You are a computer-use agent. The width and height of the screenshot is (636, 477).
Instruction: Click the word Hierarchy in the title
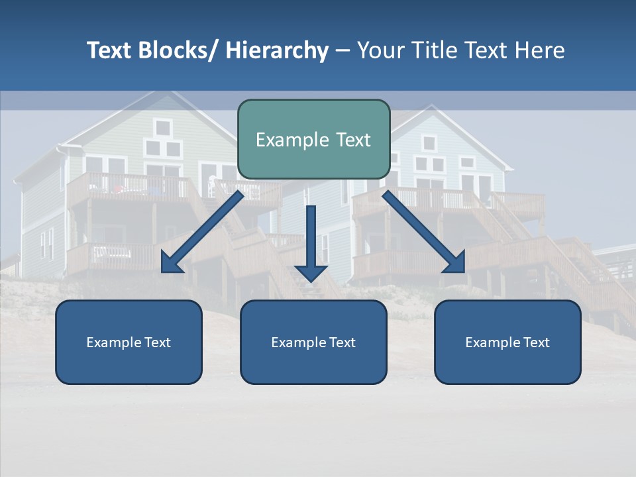(x=277, y=51)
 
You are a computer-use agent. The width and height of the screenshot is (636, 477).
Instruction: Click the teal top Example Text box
(x=313, y=139)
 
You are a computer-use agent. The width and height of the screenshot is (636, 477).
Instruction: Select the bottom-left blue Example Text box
(x=129, y=342)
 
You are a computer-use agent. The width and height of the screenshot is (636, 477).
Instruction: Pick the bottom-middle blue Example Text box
(x=313, y=342)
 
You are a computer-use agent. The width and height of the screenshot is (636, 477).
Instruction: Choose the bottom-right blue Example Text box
(x=507, y=342)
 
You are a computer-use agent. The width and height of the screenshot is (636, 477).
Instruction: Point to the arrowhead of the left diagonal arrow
(x=172, y=263)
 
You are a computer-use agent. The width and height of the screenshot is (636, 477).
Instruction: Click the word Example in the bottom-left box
(x=113, y=343)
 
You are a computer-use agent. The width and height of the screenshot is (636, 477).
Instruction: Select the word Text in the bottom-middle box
(x=341, y=343)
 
